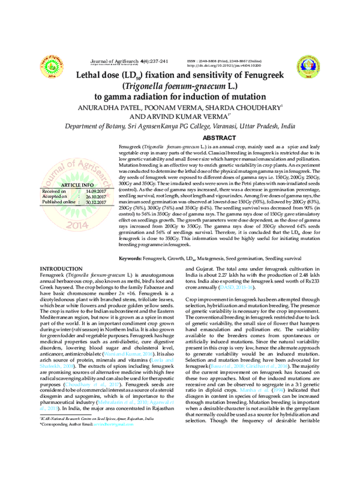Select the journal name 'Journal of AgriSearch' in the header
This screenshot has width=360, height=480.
(x=114, y=61)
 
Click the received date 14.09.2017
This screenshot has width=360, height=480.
(x=95, y=191)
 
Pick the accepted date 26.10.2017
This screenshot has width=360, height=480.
(x=95, y=196)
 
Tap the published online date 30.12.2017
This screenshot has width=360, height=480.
(x=95, y=202)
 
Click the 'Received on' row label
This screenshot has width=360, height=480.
(x=54, y=191)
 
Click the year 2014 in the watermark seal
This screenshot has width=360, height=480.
(x=73, y=226)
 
